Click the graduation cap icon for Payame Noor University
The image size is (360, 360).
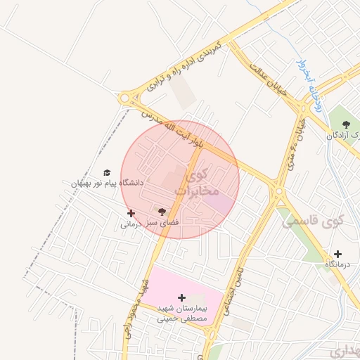(x=107, y=172)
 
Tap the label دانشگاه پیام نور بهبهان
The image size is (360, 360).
(x=107, y=183)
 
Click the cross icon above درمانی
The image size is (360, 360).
(x=131, y=213)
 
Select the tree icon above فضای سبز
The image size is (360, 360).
(x=162, y=211)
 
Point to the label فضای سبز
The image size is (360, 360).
(x=162, y=222)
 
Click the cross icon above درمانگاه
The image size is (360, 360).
(x=338, y=254)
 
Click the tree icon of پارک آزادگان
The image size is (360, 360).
(x=345, y=124)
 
